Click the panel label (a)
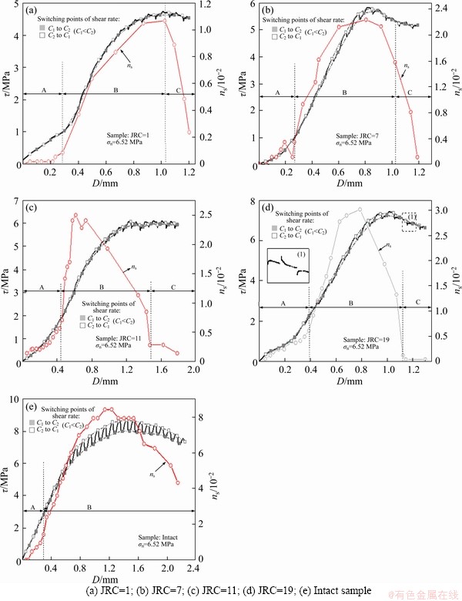34,11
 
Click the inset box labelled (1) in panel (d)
286,266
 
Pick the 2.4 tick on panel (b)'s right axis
434,9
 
